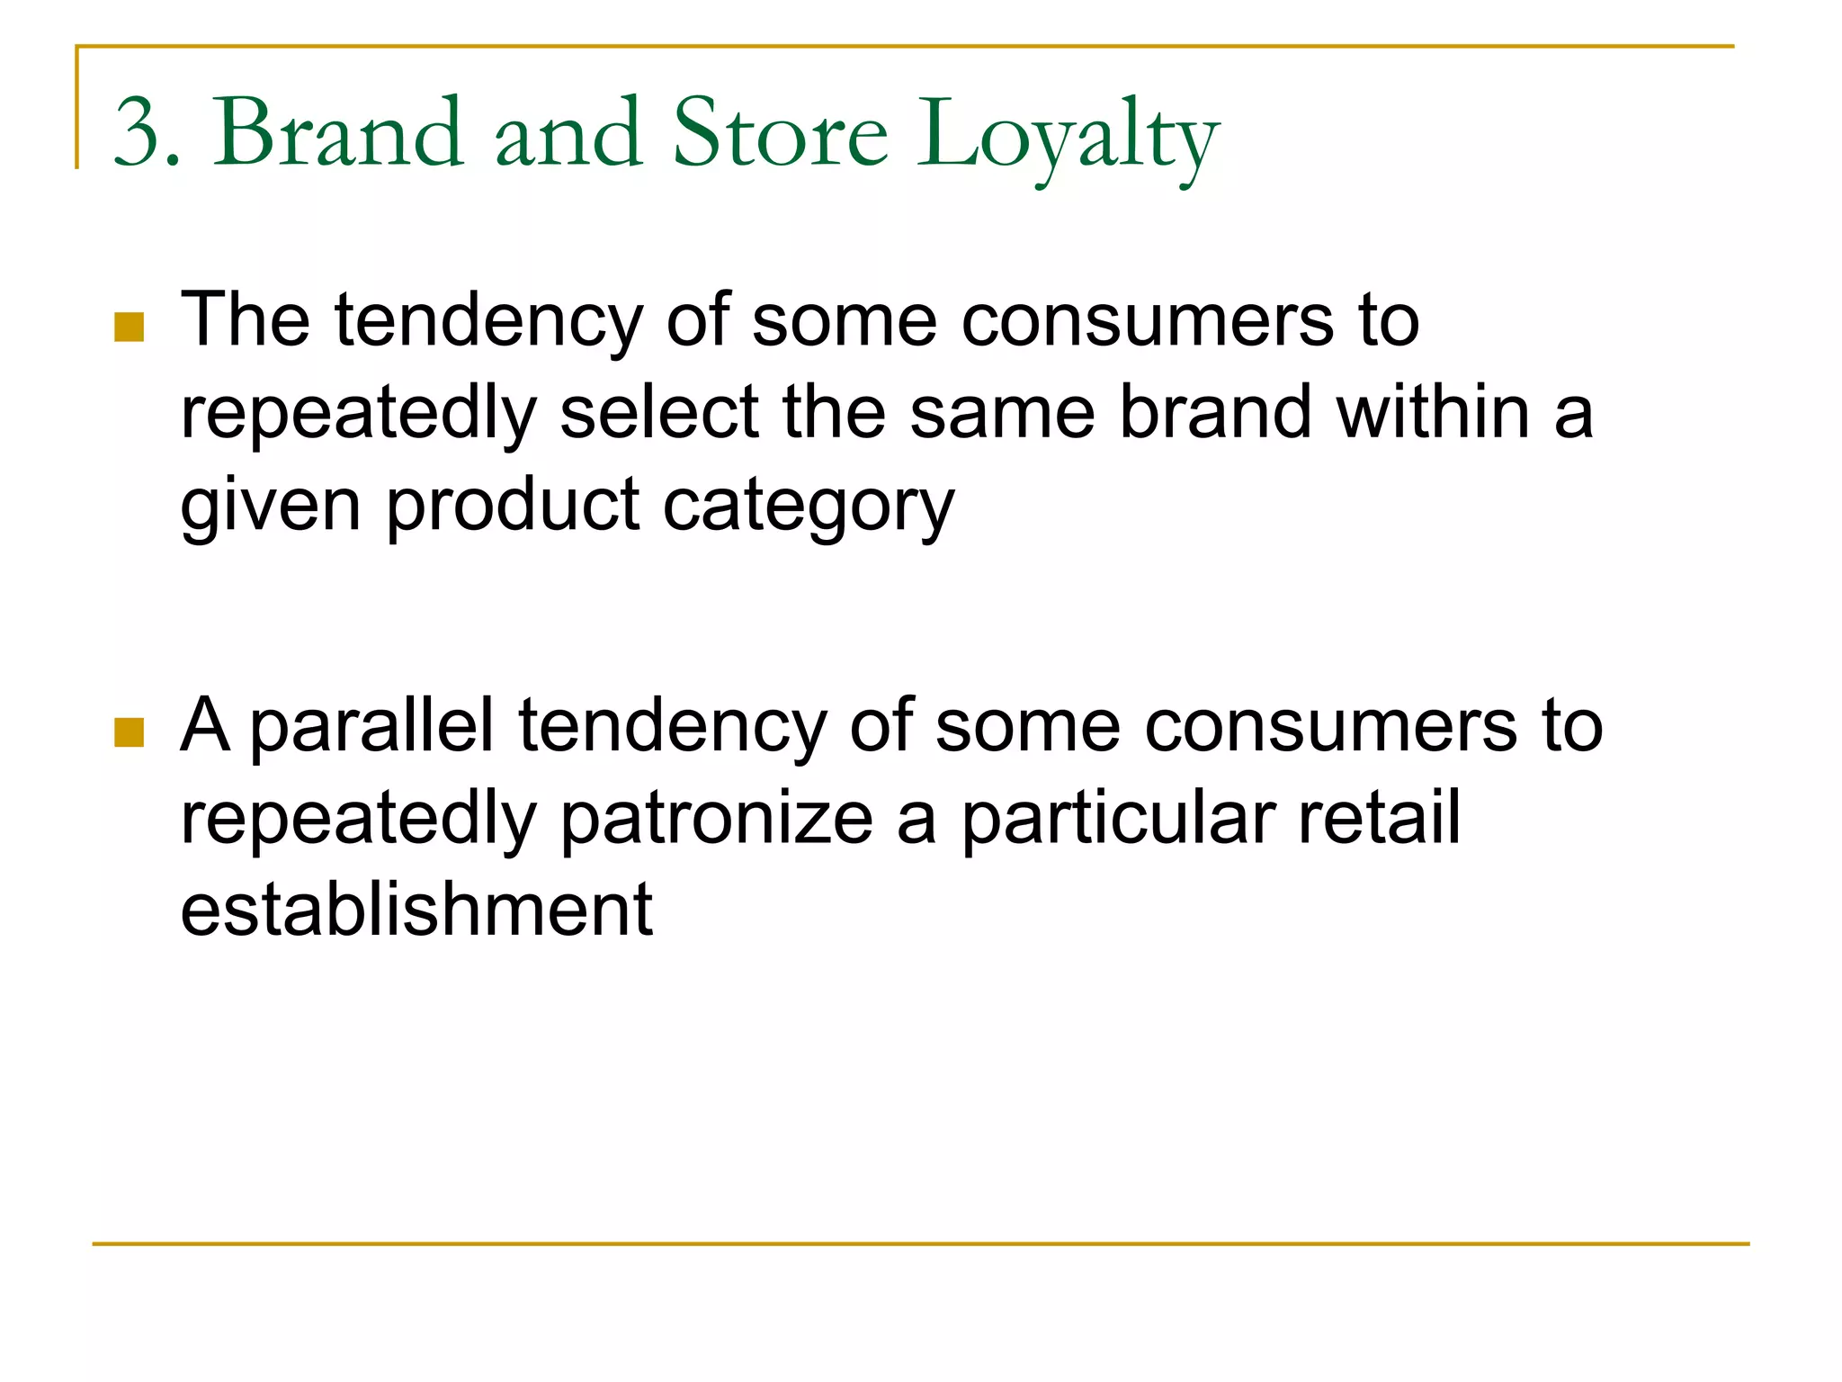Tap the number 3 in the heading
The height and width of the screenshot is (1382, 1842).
[x=138, y=133]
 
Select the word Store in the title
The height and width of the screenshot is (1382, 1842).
[x=781, y=133]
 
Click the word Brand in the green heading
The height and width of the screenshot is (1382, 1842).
[x=338, y=133]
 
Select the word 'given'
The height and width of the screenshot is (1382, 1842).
[x=271, y=506]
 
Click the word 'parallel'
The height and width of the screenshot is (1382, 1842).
[x=371, y=727]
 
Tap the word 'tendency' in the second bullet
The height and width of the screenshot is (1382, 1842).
[x=672, y=727]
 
